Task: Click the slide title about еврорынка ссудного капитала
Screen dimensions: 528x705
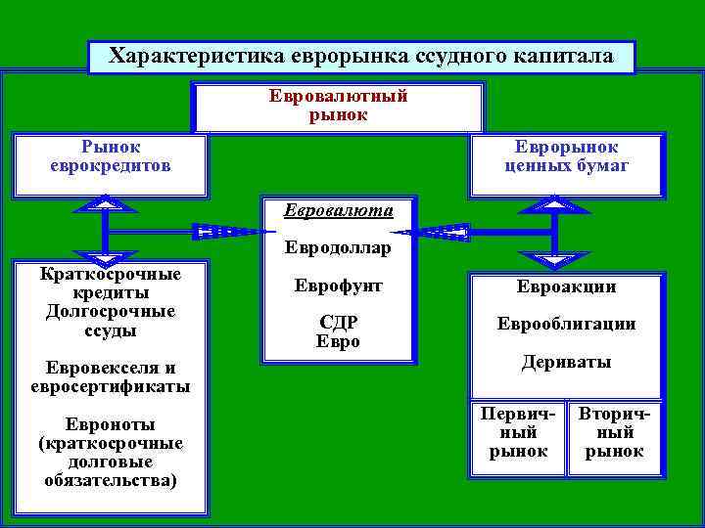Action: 360,56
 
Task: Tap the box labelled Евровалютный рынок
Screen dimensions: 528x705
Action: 338,106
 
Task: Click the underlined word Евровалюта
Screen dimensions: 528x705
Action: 338,210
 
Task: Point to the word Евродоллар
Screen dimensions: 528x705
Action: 338,247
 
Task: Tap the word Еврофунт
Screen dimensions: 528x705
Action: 338,286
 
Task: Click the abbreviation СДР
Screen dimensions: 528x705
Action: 338,323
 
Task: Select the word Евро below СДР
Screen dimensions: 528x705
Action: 338,342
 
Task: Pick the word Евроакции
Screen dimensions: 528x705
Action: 566,287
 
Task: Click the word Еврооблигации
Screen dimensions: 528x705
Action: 566,324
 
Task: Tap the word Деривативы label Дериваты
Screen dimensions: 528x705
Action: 566,362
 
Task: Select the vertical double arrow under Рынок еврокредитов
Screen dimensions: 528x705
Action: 103,232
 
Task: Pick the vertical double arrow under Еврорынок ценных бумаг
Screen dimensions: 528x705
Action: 554,232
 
